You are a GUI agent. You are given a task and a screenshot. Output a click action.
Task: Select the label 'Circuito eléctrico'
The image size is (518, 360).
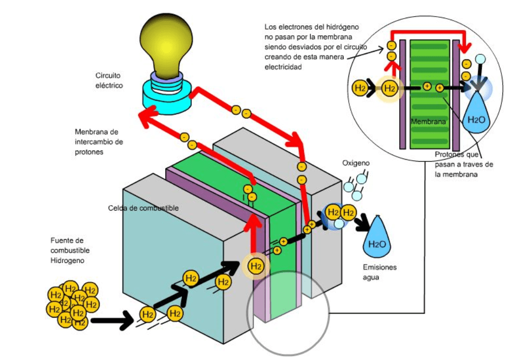[x=109, y=80]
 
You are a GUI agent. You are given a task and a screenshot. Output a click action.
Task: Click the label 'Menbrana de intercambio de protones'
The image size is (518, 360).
[x=98, y=141]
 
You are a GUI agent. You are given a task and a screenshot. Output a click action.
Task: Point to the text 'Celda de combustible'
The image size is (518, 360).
[x=143, y=208]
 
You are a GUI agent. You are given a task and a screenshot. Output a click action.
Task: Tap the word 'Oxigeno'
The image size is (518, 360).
[x=356, y=163]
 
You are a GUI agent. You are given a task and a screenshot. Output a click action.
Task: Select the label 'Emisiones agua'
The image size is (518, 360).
[x=380, y=272]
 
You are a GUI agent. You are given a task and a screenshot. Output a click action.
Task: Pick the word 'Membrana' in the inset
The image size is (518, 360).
[x=428, y=122]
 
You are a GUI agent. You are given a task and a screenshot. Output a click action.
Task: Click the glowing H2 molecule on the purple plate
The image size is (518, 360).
[x=256, y=265]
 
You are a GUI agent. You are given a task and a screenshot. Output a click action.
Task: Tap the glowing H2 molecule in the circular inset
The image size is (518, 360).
[x=389, y=89]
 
